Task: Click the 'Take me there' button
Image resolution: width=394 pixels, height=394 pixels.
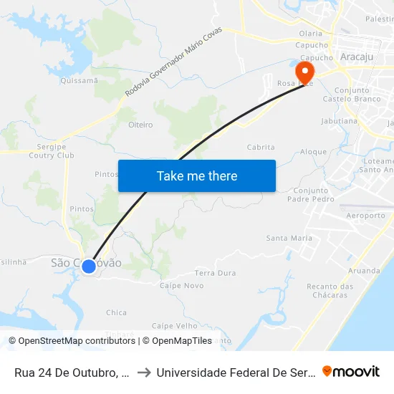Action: click(197, 176)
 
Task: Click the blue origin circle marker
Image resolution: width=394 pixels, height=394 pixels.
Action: click(89, 266)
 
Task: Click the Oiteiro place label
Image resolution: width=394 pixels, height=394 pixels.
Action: click(140, 125)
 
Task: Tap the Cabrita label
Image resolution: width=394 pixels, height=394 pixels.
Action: click(261, 147)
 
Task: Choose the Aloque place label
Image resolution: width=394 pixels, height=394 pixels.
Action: click(313, 152)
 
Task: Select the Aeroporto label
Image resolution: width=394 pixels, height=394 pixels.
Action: click(365, 215)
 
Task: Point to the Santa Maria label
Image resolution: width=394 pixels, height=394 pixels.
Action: click(289, 238)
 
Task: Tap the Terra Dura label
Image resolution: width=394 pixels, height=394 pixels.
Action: click(215, 273)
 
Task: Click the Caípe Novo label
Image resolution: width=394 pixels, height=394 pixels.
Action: click(181, 285)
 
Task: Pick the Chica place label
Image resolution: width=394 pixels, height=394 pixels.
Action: click(116, 312)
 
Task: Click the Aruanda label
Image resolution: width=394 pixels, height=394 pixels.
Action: click(364, 271)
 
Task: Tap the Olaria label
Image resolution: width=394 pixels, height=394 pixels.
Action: click(311, 33)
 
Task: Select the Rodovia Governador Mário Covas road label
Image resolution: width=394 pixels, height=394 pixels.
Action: click(173, 62)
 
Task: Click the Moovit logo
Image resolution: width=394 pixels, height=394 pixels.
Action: click(351, 371)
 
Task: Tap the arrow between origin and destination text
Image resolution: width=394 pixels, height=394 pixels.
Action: click(143, 373)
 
